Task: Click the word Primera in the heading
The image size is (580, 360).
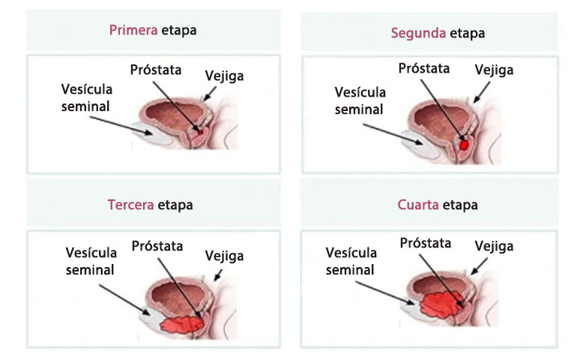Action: coord(133,31)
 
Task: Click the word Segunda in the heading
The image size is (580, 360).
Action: coord(417,33)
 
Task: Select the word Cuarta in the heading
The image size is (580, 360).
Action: coord(418,205)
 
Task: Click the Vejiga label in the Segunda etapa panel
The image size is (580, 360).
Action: coord(495,70)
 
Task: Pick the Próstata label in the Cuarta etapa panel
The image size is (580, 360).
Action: coord(425,243)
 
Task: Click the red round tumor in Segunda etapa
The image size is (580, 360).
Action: coord(465,142)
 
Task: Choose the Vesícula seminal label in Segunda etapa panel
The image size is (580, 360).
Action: coord(360,100)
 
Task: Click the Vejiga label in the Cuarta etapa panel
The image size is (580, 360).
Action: coord(495,246)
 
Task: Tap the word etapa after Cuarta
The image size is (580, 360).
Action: coord(460,205)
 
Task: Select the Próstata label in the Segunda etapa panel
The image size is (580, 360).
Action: coord(424,68)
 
